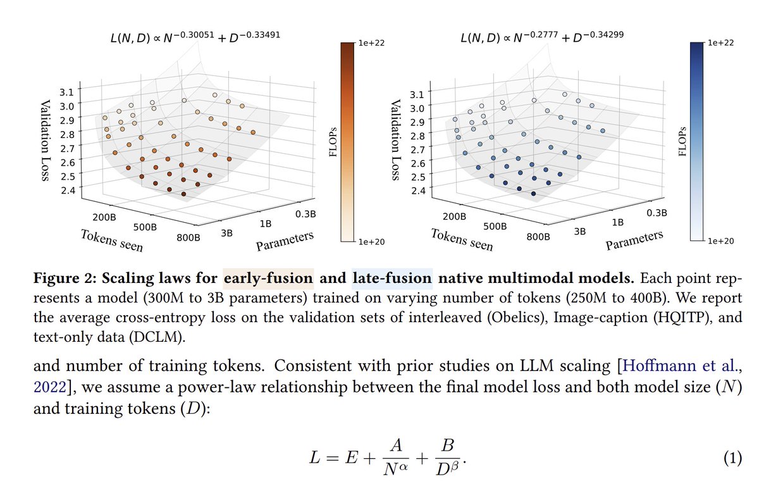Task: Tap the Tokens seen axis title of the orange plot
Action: click(x=112, y=240)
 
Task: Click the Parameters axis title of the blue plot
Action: click(x=634, y=240)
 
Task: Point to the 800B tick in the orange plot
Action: click(x=189, y=237)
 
